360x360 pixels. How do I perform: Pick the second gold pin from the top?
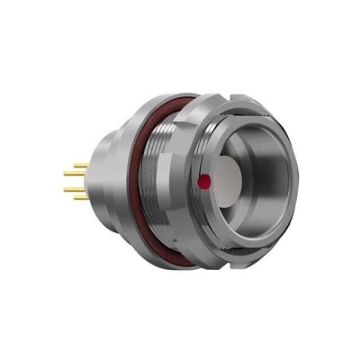coord(76,176)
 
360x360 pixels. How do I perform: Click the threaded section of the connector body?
coord(171,180)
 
